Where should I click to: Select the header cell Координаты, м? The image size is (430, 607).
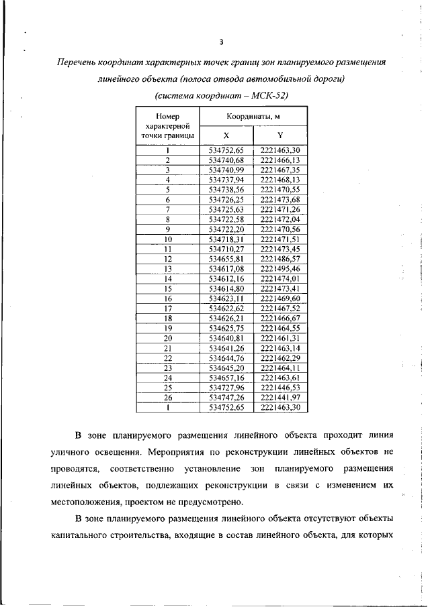coord(253,117)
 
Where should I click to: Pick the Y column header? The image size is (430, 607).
coord(279,135)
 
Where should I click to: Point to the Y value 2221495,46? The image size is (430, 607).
coord(279,268)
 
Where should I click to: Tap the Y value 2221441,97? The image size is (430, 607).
coord(279,397)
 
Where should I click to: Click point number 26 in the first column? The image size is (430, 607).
coord(168,397)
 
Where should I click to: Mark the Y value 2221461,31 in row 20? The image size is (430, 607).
coord(279,338)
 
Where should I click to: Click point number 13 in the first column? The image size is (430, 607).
coord(168,268)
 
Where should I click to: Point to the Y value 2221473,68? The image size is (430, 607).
coord(279,200)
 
